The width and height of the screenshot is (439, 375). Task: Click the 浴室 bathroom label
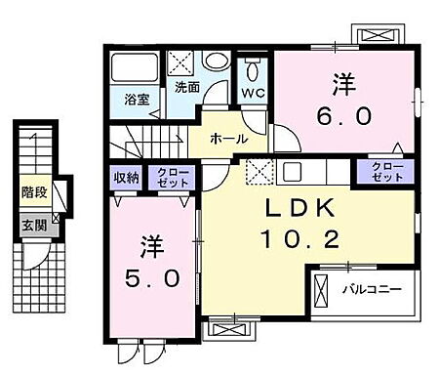[x=136, y=99]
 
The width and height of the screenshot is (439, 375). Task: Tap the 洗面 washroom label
[x=187, y=86]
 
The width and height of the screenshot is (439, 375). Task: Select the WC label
[x=253, y=93]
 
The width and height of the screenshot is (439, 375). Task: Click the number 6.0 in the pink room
[x=344, y=116]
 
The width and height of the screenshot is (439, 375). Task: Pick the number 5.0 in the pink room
[x=152, y=278]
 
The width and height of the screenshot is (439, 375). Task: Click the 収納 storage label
[x=125, y=177]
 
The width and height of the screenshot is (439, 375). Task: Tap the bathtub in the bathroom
[x=132, y=67]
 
